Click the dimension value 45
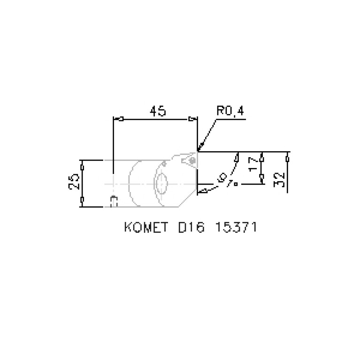158,111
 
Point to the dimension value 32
280,179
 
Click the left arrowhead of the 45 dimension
120,119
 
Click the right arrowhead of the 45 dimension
191,119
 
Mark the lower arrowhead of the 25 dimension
83,201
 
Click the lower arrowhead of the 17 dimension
262,179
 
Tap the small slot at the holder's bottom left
113,200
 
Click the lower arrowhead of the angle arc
203,190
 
